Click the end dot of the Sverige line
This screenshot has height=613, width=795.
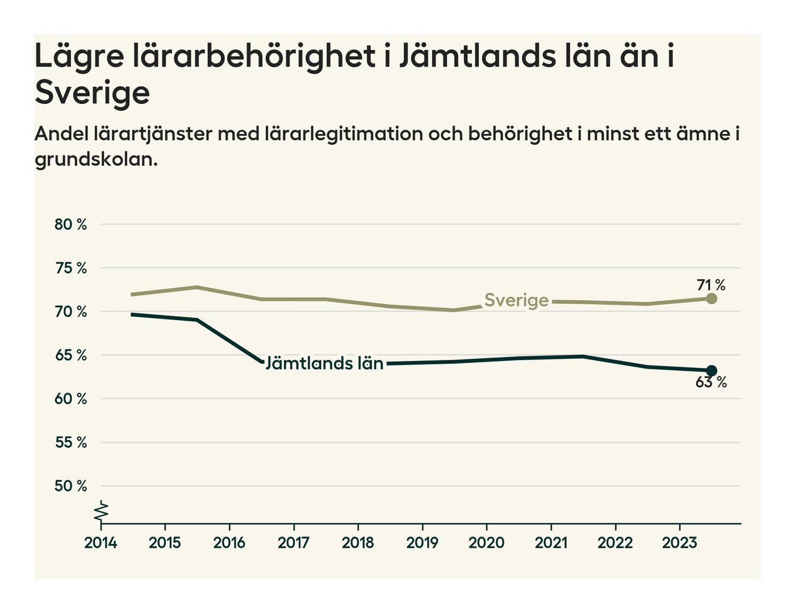(x=712, y=299)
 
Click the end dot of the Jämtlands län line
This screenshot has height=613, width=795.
(x=712, y=371)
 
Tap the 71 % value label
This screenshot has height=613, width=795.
(x=711, y=285)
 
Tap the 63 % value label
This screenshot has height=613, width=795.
(x=711, y=383)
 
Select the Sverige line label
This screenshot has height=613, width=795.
(x=516, y=300)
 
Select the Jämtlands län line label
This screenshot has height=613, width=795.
(x=324, y=363)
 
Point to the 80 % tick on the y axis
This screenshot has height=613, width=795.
(x=71, y=225)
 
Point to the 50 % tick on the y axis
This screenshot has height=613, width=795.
(x=71, y=486)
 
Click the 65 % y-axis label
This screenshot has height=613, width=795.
(x=71, y=356)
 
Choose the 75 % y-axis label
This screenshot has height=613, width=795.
(x=71, y=268)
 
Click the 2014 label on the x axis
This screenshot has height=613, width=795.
(x=101, y=543)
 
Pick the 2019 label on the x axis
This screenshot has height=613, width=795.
(x=422, y=543)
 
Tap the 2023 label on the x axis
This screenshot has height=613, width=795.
(x=679, y=543)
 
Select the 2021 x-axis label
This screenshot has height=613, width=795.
(x=551, y=543)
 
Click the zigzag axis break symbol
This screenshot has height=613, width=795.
(x=101, y=511)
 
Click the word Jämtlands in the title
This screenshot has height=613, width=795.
(x=474, y=56)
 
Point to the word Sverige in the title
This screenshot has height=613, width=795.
(x=92, y=93)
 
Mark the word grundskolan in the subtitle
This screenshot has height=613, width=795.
(x=95, y=159)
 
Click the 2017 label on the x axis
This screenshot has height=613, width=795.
(x=294, y=543)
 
